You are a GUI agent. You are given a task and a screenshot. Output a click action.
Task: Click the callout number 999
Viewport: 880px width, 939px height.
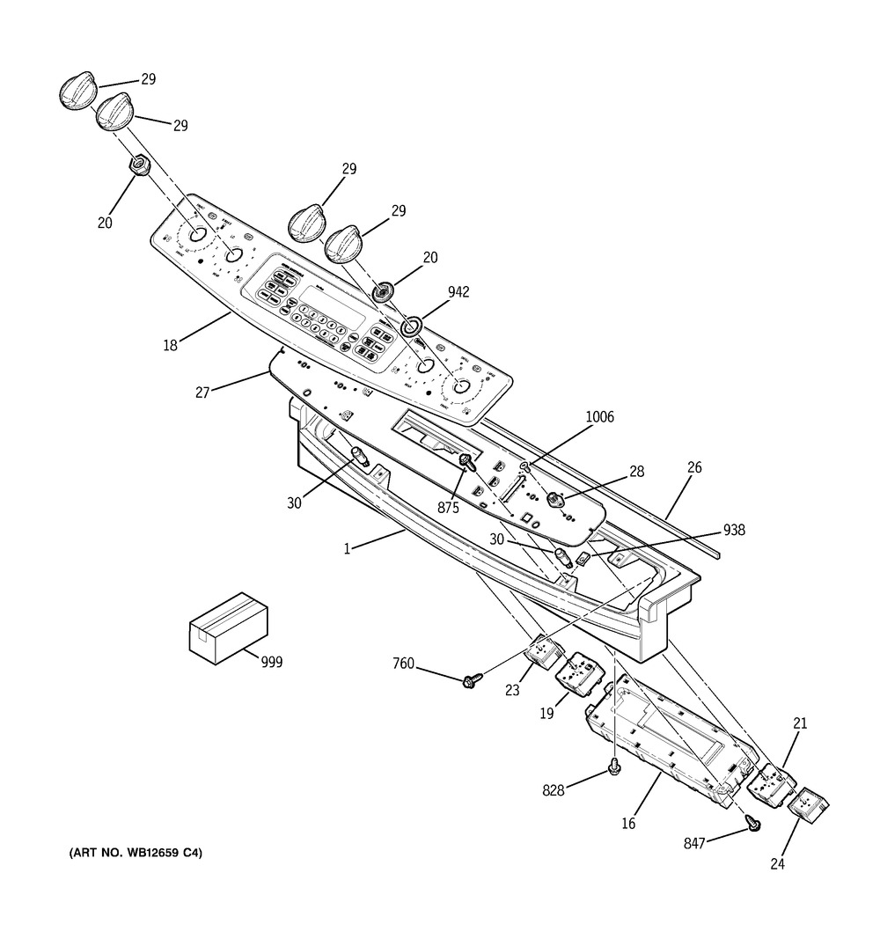(x=272, y=663)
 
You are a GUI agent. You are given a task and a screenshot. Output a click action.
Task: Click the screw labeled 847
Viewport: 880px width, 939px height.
(x=754, y=823)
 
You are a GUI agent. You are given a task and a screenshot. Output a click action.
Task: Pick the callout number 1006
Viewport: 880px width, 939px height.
(x=600, y=417)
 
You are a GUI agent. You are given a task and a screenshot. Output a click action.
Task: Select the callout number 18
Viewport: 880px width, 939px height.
(x=170, y=346)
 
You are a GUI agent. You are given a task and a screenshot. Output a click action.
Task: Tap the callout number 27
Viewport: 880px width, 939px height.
(x=202, y=392)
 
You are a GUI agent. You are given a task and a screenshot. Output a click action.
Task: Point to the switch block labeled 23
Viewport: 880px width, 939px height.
(x=544, y=653)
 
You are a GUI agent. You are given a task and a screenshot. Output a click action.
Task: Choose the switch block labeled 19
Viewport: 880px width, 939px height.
(x=577, y=675)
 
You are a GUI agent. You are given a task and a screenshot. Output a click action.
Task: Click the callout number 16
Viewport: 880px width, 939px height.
(x=628, y=824)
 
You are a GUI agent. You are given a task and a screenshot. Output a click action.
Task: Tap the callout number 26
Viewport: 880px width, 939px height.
(x=694, y=467)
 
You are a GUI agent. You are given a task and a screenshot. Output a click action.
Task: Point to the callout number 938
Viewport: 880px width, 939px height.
(x=734, y=530)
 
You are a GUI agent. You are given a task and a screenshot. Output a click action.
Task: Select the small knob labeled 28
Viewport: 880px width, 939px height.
(x=555, y=500)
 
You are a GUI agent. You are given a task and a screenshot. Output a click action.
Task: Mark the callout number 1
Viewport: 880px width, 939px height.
(x=348, y=548)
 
